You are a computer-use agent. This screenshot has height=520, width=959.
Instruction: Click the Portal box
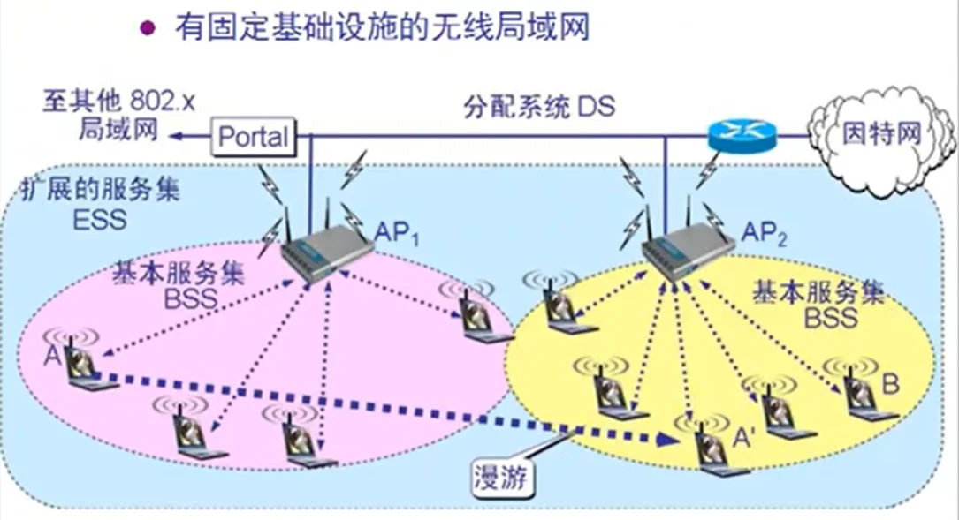(252, 137)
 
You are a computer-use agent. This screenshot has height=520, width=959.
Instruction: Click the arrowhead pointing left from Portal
(177, 136)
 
